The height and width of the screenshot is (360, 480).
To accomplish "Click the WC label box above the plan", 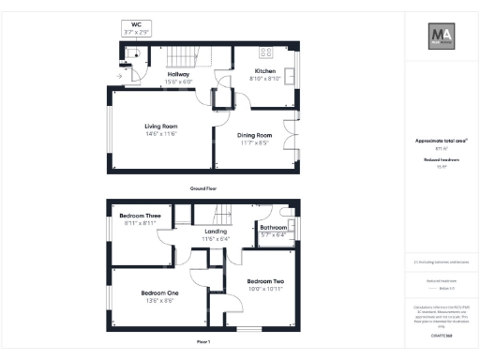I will (136, 29).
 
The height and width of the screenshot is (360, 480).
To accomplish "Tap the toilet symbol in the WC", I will (136, 54).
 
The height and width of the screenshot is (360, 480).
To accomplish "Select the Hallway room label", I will (178, 73).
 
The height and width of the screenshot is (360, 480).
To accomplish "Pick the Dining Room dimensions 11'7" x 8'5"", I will (253, 143).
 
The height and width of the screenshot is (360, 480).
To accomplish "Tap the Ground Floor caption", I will (204, 188).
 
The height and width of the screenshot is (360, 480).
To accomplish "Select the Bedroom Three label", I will (142, 216).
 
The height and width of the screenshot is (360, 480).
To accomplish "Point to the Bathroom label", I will (273, 227).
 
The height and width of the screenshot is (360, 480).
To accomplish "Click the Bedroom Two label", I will (265, 280).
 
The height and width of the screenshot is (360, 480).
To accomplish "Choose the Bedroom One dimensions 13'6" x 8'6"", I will (160, 300).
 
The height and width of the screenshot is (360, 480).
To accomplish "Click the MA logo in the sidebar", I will (441, 37).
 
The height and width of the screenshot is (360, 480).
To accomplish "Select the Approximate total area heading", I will (440, 141).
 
